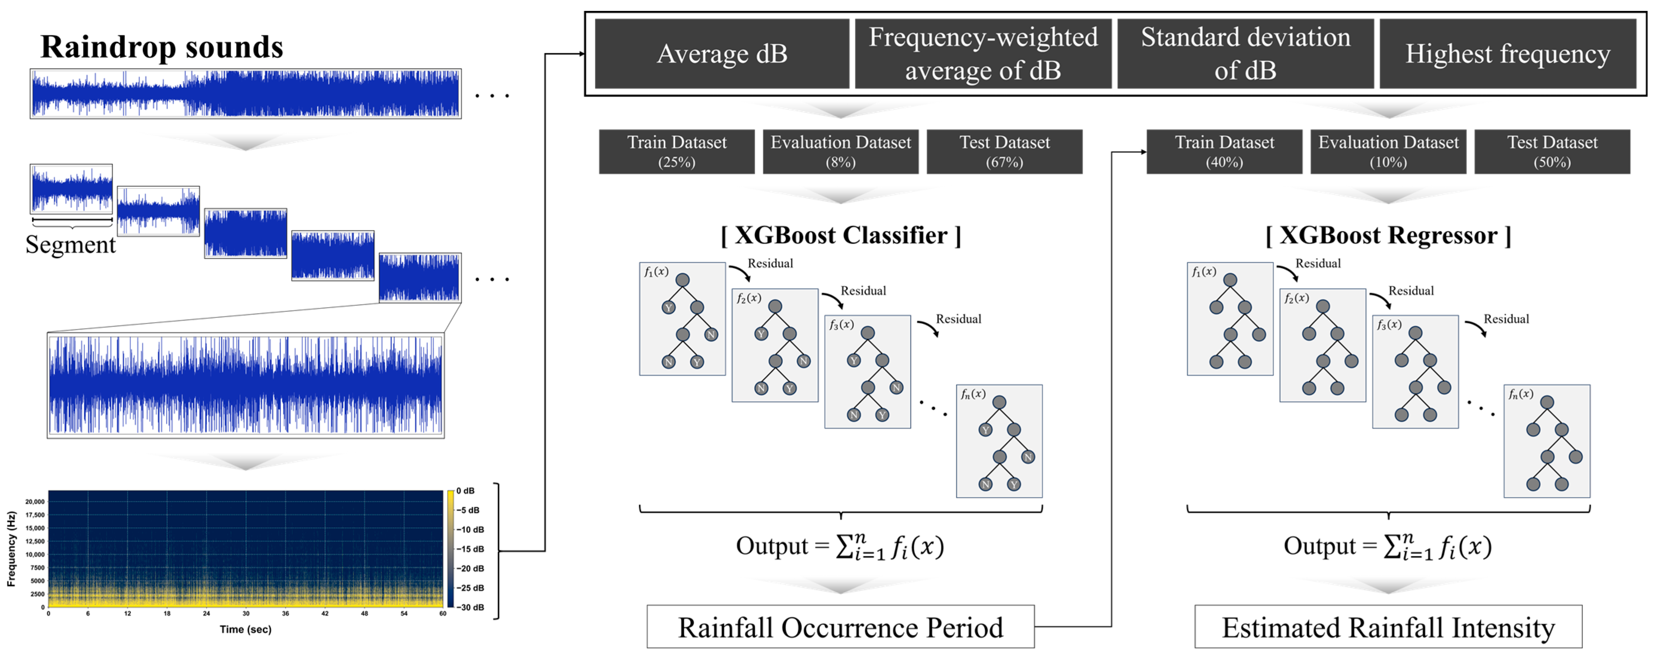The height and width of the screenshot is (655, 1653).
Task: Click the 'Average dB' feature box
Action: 721,54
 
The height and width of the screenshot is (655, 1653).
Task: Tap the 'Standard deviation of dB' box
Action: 1245,54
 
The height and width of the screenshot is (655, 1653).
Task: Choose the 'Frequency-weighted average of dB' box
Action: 983,54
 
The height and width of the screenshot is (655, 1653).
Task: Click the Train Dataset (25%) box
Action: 677,152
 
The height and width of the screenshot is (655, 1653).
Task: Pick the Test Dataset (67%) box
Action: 1004,152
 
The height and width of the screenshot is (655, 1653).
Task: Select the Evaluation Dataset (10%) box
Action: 1388,152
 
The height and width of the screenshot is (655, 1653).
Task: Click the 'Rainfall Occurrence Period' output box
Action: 840,627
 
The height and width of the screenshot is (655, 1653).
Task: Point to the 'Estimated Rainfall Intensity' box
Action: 1388,627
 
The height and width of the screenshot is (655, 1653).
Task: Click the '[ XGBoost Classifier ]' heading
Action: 840,236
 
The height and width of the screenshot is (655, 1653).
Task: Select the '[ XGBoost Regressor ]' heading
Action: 1388,236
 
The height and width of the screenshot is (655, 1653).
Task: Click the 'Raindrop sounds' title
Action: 162,47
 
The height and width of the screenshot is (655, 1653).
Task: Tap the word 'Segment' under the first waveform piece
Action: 70,245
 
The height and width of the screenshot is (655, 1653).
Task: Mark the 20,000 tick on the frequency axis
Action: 35,502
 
